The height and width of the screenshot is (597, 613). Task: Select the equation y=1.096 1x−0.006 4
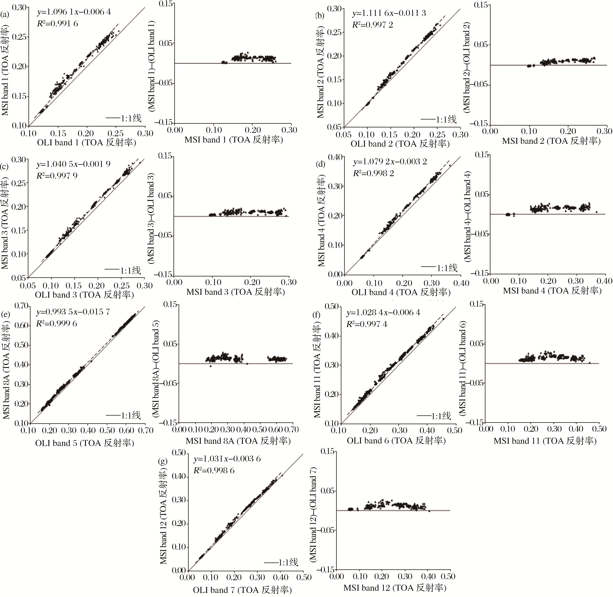74,12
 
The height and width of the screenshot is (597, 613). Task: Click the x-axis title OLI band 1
87,143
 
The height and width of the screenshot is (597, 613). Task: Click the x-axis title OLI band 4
401,292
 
